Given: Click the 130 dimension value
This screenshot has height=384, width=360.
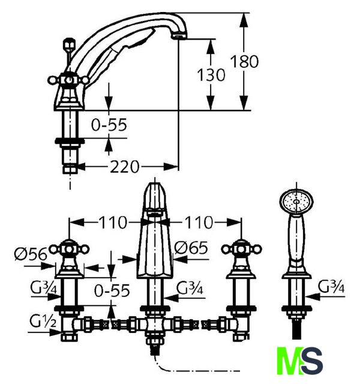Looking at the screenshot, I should click(x=211, y=75).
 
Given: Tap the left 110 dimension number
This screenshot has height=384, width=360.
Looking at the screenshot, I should click(x=113, y=223).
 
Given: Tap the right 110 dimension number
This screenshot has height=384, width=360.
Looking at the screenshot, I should click(x=199, y=223).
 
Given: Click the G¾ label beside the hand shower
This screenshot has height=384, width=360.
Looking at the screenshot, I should click(x=331, y=287).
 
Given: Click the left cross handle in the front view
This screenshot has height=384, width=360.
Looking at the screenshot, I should click(x=70, y=248).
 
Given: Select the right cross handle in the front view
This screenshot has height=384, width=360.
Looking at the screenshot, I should click(x=241, y=248).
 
